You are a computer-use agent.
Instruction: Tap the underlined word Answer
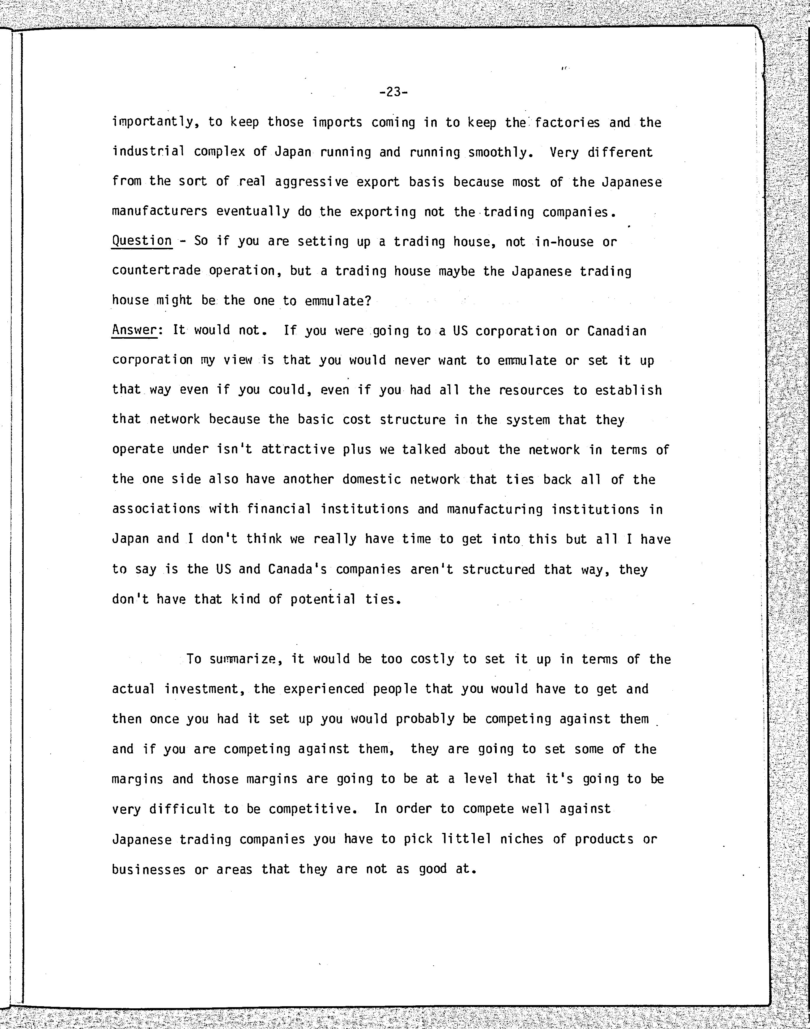(134, 330)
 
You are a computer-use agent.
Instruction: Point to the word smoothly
(498, 153)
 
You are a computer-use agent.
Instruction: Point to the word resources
(531, 390)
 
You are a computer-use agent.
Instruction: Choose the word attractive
(298, 450)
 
